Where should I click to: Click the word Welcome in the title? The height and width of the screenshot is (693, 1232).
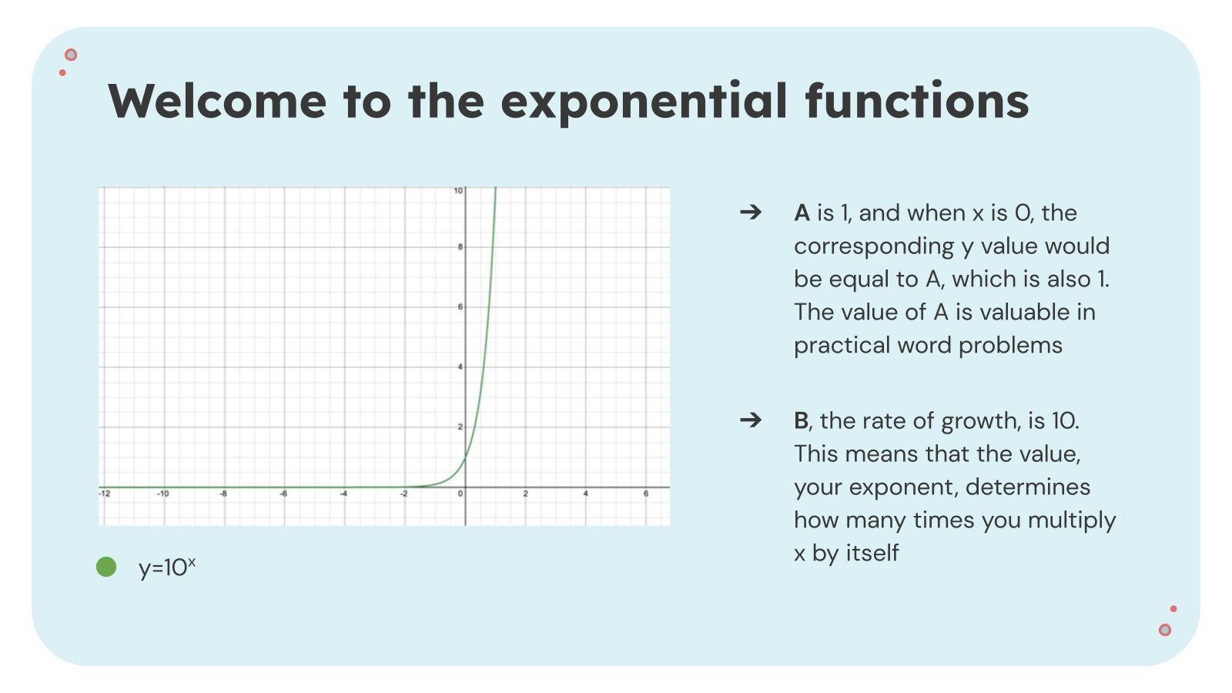click(217, 101)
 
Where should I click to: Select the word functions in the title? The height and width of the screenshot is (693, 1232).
click(916, 101)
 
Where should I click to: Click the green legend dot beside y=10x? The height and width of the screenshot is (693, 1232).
click(106, 567)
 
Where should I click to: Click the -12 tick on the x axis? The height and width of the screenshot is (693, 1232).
click(105, 494)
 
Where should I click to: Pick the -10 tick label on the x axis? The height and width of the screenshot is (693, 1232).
click(163, 494)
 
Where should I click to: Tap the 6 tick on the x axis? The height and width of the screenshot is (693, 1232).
click(645, 494)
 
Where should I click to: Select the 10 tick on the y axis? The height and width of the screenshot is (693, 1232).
click(458, 190)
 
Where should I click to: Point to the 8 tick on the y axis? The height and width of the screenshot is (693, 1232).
click(460, 247)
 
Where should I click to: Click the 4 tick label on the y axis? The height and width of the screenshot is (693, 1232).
click(460, 367)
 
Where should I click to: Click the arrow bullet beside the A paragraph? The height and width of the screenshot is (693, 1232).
click(750, 212)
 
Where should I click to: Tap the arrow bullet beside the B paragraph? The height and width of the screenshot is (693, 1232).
click(750, 420)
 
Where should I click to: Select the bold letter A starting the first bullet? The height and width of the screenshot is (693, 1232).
click(802, 213)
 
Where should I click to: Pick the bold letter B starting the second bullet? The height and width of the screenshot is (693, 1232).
click(801, 420)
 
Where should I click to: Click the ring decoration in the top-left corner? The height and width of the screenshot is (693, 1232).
click(71, 55)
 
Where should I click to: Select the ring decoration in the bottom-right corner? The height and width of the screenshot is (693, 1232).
click(1165, 630)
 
